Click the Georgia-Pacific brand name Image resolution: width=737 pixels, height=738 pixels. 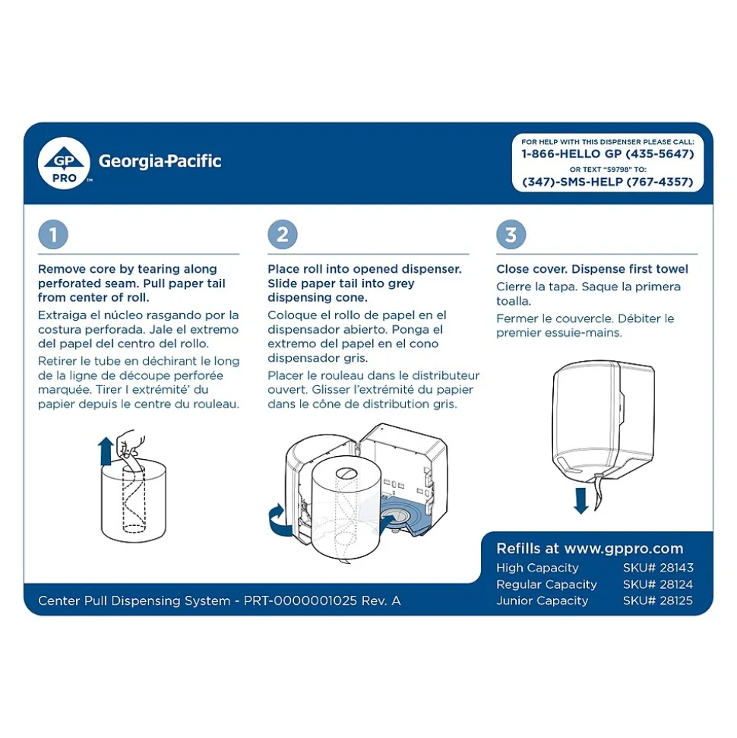[160, 161]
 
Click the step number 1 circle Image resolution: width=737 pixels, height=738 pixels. [53, 235]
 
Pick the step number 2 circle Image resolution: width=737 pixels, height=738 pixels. [282, 235]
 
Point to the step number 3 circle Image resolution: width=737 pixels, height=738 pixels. [511, 235]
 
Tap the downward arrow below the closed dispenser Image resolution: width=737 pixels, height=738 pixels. [580, 500]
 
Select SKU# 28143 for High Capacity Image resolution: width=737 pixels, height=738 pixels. [657, 568]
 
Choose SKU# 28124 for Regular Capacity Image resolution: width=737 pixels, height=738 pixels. [657, 584]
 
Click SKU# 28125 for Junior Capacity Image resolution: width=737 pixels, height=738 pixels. [657, 600]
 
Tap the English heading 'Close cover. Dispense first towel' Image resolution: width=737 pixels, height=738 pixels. [592, 269]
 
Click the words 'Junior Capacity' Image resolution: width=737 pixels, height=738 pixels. [542, 600]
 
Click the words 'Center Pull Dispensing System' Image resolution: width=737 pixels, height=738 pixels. [134, 600]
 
